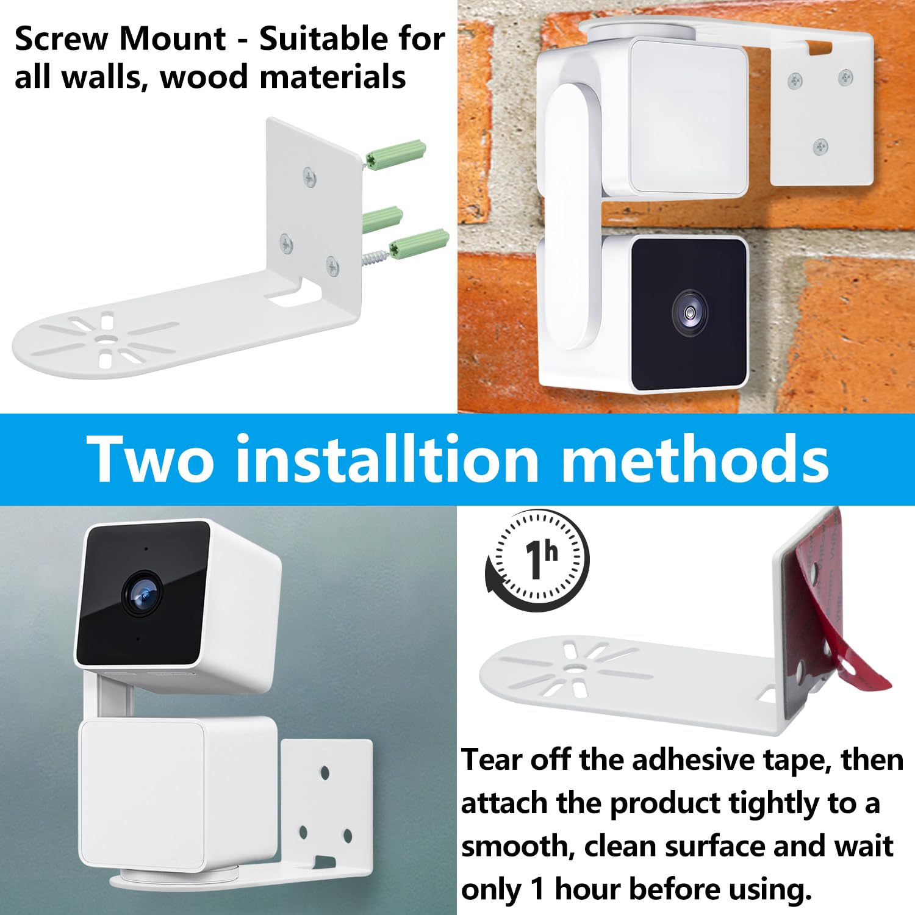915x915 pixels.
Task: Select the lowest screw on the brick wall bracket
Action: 820,146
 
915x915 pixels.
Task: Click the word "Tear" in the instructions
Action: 492,760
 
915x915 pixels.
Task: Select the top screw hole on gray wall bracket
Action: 325,773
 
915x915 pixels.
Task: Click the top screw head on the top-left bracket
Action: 310,178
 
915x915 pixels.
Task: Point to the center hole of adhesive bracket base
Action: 573,668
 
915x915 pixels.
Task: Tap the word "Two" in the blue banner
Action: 150,459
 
